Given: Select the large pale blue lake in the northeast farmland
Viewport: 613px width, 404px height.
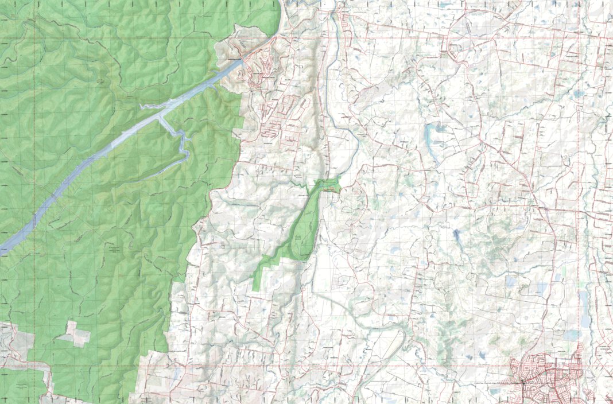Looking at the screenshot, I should tap(432, 135).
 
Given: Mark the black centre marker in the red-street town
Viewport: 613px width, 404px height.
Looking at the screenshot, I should tap(523, 382).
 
